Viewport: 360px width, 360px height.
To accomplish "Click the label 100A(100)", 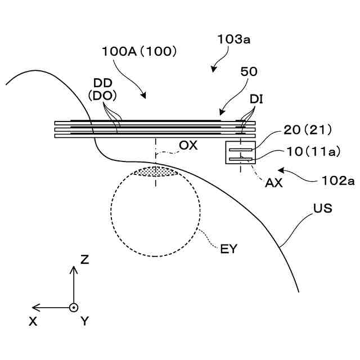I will coord(139,51).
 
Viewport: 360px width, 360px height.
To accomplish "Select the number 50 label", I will coord(248,72).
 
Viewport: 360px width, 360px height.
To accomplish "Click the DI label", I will coord(257,100).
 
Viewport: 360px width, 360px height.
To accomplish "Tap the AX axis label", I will coord(274,182).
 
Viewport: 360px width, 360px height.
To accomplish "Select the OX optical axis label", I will coord(188,145).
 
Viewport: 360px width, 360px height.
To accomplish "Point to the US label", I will coord(323,209).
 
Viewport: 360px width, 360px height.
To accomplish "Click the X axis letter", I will coord(33,321).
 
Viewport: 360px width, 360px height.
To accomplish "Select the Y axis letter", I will coord(85,322).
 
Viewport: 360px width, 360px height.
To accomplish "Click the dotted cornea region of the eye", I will coord(155,171).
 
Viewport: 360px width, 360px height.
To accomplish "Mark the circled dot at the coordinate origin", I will coord(73,308).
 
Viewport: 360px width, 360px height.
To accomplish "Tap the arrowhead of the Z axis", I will coord(73,269).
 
